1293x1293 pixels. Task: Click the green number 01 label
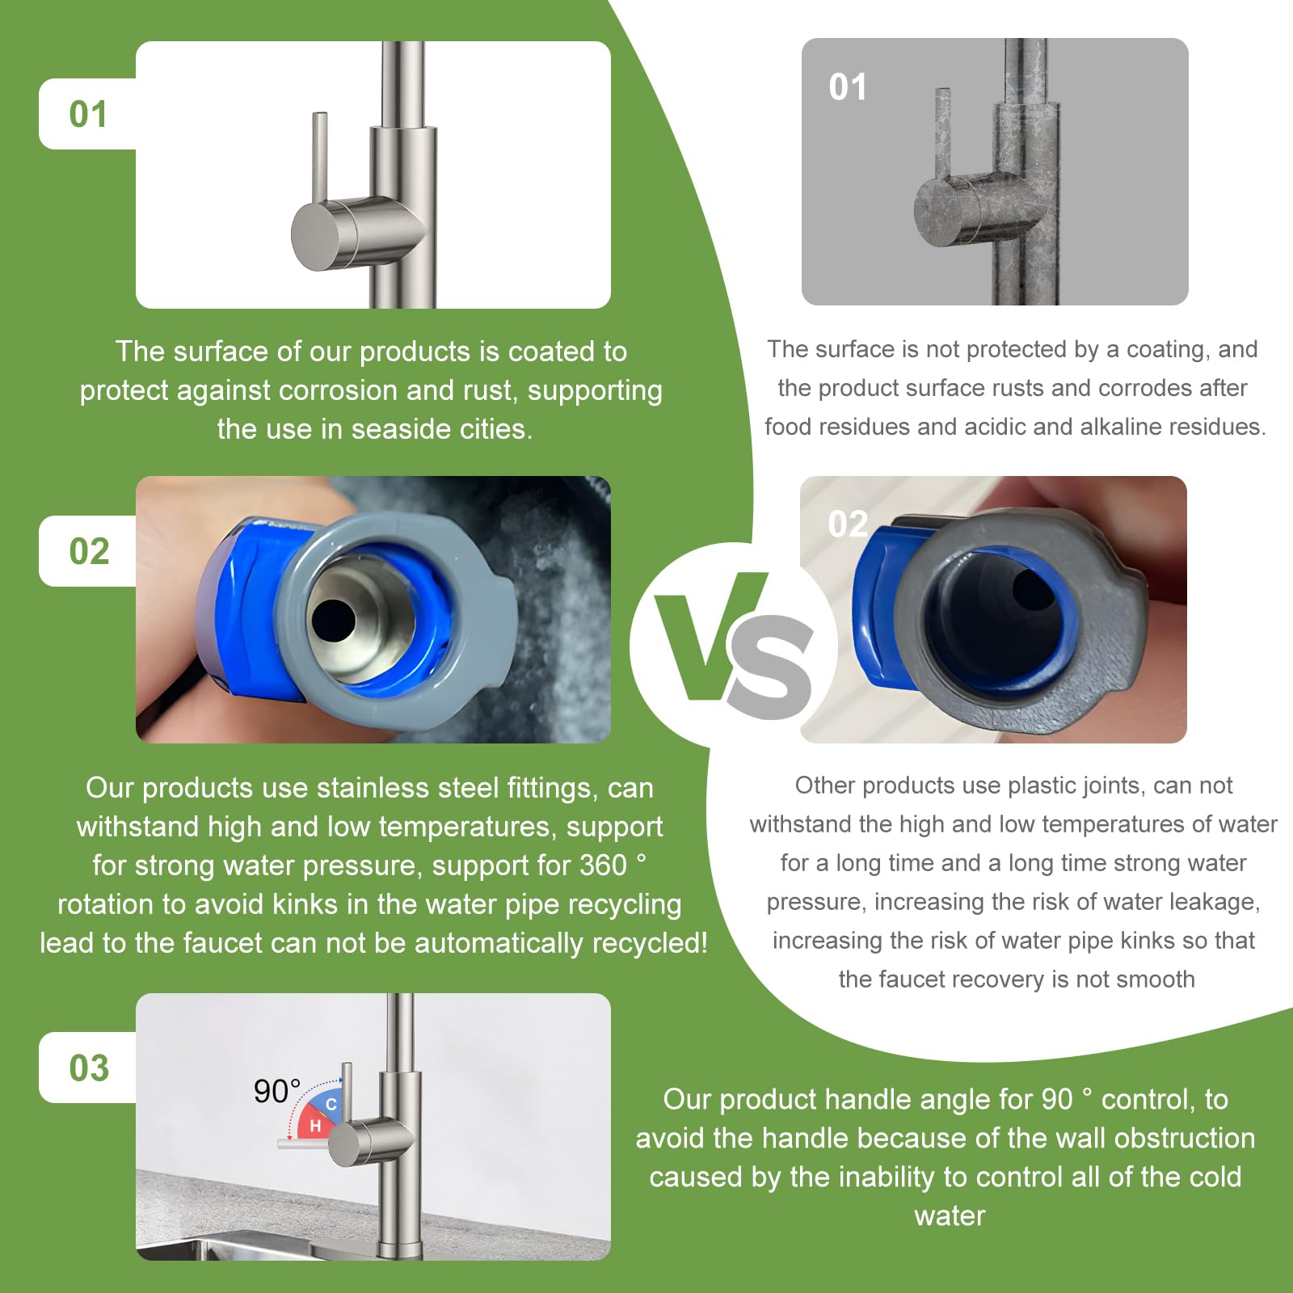88,114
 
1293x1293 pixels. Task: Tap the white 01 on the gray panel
848,87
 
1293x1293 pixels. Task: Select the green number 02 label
89,551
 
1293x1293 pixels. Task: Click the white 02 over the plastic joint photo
848,524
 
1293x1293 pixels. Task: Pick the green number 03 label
89,1068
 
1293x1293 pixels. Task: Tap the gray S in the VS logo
772,667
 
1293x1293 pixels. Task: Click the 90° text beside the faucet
276,1091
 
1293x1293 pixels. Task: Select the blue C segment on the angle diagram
331,1104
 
